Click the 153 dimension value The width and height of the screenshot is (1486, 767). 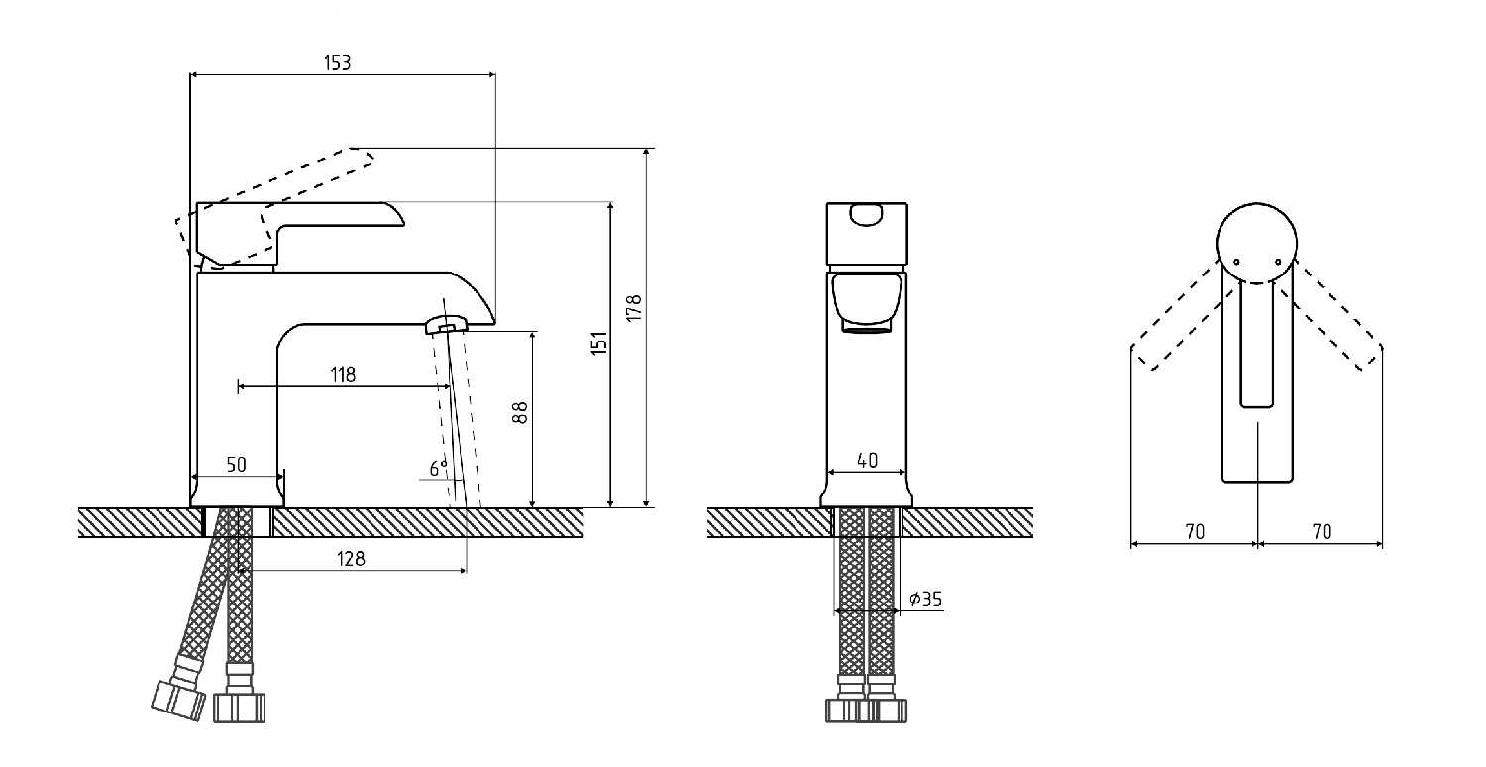[337, 63]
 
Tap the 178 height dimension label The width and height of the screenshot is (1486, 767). [634, 308]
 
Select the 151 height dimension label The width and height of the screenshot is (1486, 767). [599, 343]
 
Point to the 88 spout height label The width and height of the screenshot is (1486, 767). [521, 412]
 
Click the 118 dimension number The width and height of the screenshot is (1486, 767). [343, 375]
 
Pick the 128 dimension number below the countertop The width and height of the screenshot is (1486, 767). [351, 559]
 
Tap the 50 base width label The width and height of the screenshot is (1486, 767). [236, 465]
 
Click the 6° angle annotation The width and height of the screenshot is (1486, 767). [438, 468]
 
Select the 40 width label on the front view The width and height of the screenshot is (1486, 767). [867, 460]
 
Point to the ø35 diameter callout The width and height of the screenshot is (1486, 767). [925, 600]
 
